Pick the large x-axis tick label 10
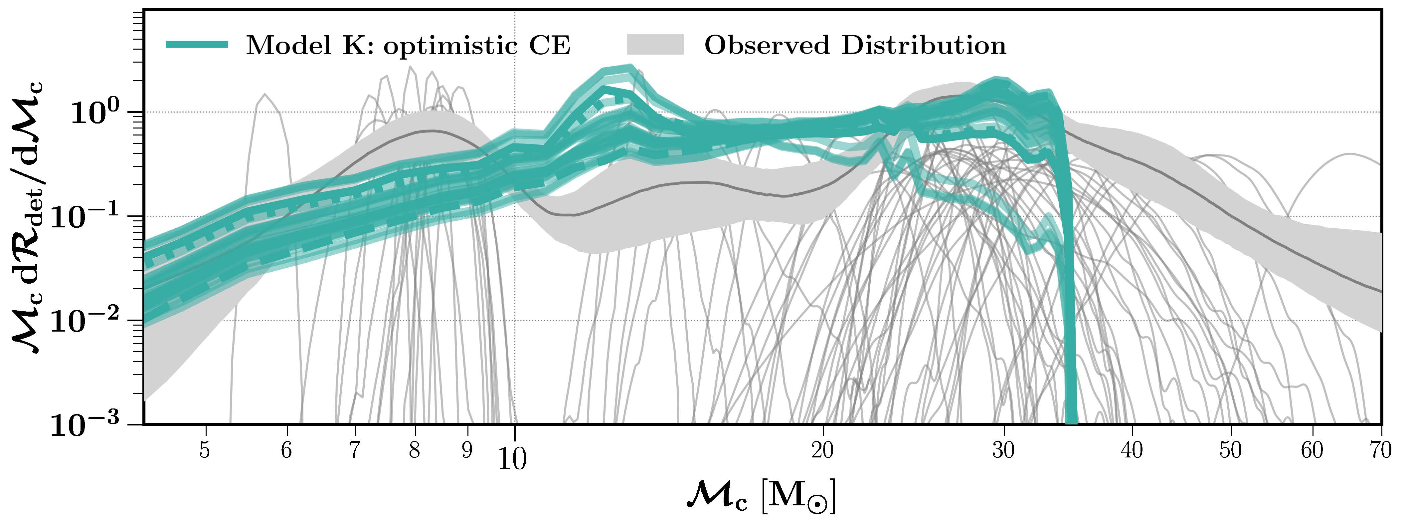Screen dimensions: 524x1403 512,459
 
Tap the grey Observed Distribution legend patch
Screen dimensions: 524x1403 655,45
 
